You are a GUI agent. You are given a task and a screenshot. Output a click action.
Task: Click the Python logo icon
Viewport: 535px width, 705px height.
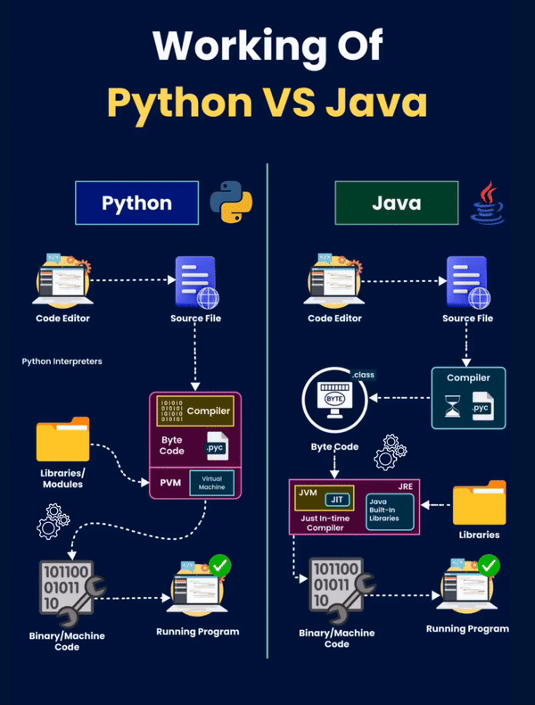tap(231, 203)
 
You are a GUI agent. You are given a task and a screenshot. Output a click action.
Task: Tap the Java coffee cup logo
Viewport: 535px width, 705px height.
tap(489, 203)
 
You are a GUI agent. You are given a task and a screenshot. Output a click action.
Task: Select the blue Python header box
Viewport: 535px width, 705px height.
tap(136, 203)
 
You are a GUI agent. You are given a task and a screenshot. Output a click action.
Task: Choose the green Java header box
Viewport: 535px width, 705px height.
tap(396, 203)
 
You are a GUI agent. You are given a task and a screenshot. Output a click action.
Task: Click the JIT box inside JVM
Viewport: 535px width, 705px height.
tap(336, 499)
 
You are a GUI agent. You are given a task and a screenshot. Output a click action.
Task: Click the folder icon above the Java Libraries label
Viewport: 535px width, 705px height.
tap(481, 503)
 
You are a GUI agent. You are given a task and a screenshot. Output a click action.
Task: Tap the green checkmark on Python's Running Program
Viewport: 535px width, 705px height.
tap(219, 565)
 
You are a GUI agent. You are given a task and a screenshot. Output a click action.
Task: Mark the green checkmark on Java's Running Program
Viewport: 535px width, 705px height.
tap(488, 565)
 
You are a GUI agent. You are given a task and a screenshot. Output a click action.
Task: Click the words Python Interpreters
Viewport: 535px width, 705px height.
tap(62, 362)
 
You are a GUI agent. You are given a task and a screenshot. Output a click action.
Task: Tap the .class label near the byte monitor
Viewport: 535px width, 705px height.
tap(365, 375)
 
